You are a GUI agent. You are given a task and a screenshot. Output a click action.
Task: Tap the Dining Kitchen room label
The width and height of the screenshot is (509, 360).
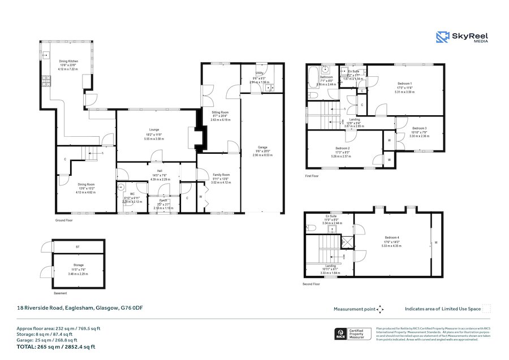[x=69, y=62]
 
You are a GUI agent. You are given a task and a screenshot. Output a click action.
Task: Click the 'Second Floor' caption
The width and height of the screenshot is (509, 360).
[x=312, y=284]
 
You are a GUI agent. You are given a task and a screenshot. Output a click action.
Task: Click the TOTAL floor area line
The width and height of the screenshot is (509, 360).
[x=55, y=346]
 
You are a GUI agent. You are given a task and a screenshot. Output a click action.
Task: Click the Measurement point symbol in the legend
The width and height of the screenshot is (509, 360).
[x=380, y=309]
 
